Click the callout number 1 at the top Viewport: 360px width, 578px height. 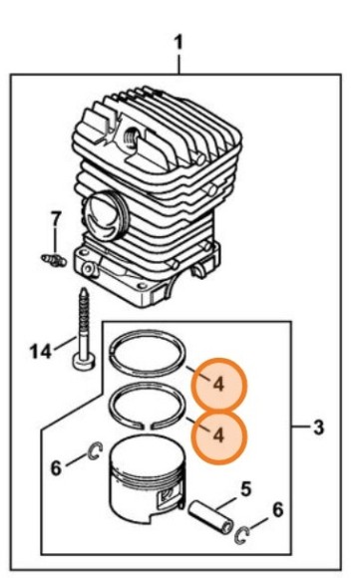click(x=179, y=43)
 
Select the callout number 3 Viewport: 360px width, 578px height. click(x=318, y=428)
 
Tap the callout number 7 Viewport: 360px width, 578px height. click(x=55, y=219)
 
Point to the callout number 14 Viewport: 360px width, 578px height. click(x=41, y=352)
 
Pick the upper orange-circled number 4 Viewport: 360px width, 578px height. click(x=218, y=385)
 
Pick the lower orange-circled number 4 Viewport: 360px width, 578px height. click(x=218, y=436)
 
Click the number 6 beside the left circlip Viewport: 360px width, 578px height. click(x=56, y=468)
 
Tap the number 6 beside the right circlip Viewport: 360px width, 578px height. click(x=278, y=510)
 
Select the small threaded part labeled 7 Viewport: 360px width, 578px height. click(x=54, y=259)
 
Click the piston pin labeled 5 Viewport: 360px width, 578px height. click(x=211, y=518)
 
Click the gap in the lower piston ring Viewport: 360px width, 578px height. click(x=148, y=427)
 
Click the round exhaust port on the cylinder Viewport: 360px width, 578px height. click(x=104, y=218)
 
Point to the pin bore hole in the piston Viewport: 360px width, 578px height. click(x=167, y=495)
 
